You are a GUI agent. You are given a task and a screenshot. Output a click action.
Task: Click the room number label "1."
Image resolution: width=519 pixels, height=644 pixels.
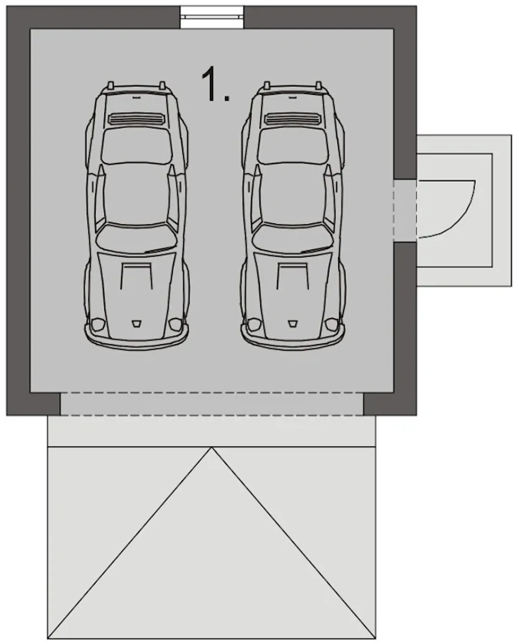point(215,84)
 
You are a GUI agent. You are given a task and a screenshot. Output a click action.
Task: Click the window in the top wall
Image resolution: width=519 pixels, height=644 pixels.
point(212,17)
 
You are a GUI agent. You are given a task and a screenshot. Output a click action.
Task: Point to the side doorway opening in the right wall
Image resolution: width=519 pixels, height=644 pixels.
point(405,210)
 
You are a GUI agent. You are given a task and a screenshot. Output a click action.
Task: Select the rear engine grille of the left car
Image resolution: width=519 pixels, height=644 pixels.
point(137,119)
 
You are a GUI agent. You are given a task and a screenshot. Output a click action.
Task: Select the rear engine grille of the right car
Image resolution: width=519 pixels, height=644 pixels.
point(293,119)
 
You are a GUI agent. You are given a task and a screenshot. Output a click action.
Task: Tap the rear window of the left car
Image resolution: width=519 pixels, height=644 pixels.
point(137,146)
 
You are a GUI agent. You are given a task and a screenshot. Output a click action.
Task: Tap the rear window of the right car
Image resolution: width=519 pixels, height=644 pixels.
point(293,146)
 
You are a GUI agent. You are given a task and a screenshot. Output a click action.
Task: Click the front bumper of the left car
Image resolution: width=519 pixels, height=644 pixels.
point(137,339)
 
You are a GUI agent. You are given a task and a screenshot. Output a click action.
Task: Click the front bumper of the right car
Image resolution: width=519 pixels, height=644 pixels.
point(293,339)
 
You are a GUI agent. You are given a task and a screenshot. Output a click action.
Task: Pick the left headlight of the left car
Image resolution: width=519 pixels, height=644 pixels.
point(98,324)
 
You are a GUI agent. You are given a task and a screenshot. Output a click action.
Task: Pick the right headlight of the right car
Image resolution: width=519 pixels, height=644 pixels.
point(332,324)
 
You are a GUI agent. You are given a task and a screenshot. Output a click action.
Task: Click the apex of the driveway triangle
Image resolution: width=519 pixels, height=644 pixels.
point(212,447)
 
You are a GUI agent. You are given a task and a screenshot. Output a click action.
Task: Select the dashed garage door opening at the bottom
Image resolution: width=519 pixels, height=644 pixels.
point(212,404)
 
